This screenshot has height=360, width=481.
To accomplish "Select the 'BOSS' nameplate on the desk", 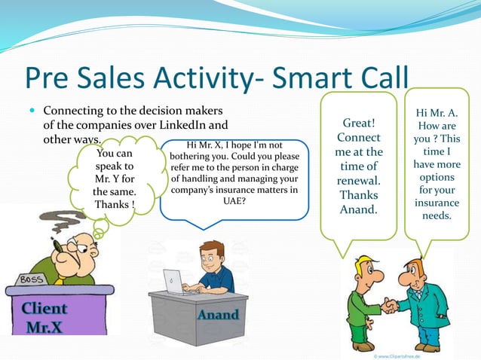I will [31, 279].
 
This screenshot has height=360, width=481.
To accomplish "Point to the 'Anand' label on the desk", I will [218, 314].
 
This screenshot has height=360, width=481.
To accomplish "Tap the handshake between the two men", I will [391, 305].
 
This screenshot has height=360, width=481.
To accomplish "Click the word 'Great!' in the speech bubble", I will [359, 122].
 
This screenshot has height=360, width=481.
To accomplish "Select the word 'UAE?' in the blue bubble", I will [234, 202].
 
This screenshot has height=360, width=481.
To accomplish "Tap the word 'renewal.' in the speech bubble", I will [359, 182].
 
